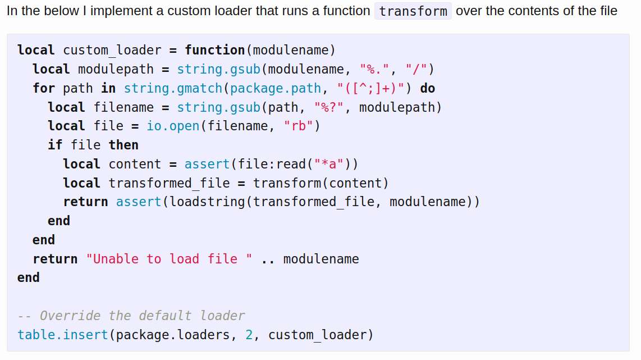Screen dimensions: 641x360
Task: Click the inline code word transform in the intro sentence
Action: (413, 11)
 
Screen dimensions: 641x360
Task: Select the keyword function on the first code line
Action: (214, 50)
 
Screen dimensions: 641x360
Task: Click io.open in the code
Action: (173, 126)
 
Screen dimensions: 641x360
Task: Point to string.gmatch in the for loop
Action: (173, 88)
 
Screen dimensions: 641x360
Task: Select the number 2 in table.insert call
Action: (249, 335)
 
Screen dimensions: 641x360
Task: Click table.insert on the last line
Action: (62, 335)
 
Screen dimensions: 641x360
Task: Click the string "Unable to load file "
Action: (169, 258)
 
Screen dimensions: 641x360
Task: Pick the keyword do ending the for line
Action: (428, 88)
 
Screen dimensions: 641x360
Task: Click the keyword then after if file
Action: (123, 145)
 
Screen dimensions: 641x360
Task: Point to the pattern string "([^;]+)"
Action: (370, 88)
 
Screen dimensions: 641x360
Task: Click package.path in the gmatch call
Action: (275, 88)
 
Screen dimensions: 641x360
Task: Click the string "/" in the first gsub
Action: (416, 69)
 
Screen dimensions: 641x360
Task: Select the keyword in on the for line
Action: (108, 88)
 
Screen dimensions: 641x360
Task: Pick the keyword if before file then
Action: (55, 145)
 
